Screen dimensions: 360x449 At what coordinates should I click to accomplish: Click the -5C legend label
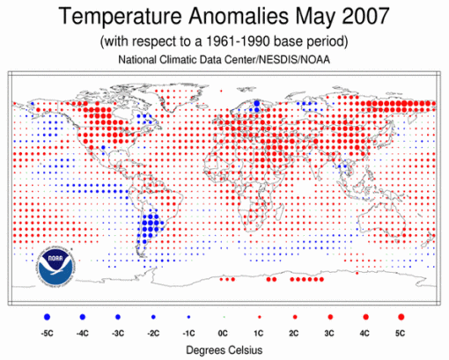click(47, 333)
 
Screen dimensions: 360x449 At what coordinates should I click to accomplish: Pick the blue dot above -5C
click(47, 314)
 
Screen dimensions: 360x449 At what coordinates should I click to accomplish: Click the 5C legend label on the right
click(401, 333)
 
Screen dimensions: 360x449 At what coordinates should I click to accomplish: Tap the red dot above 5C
click(401, 314)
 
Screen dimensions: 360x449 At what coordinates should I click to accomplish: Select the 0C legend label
click(224, 333)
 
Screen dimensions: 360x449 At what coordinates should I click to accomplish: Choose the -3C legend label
click(117, 333)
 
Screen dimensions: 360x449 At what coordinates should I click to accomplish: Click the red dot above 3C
click(329, 314)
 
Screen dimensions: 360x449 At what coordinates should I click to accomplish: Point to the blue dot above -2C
click(153, 314)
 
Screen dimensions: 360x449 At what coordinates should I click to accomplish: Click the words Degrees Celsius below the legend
click(224, 349)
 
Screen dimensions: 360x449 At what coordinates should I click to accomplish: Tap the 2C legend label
click(294, 333)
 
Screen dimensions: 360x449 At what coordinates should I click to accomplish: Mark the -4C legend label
click(82, 333)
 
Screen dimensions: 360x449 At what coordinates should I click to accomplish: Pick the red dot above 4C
click(365, 314)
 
